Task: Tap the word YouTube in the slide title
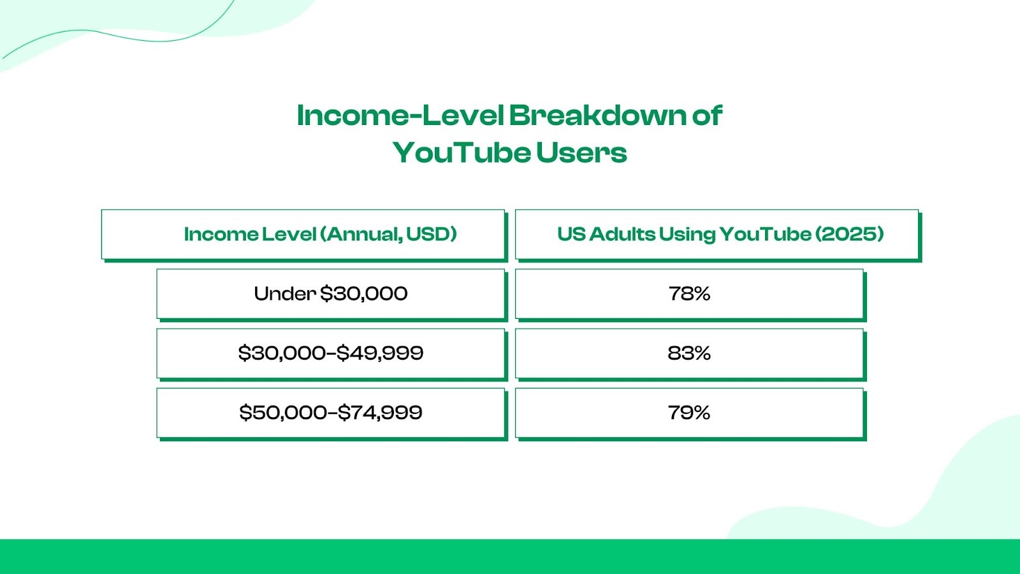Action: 462,152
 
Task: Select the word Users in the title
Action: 581,152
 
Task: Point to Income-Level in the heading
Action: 400,115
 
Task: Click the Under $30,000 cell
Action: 331,294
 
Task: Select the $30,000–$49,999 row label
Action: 331,353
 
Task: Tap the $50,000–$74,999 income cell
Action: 331,413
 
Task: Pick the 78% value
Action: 689,294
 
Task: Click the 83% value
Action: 689,353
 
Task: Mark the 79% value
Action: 689,413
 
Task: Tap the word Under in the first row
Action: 284,294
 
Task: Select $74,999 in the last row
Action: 380,413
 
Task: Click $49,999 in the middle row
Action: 380,353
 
